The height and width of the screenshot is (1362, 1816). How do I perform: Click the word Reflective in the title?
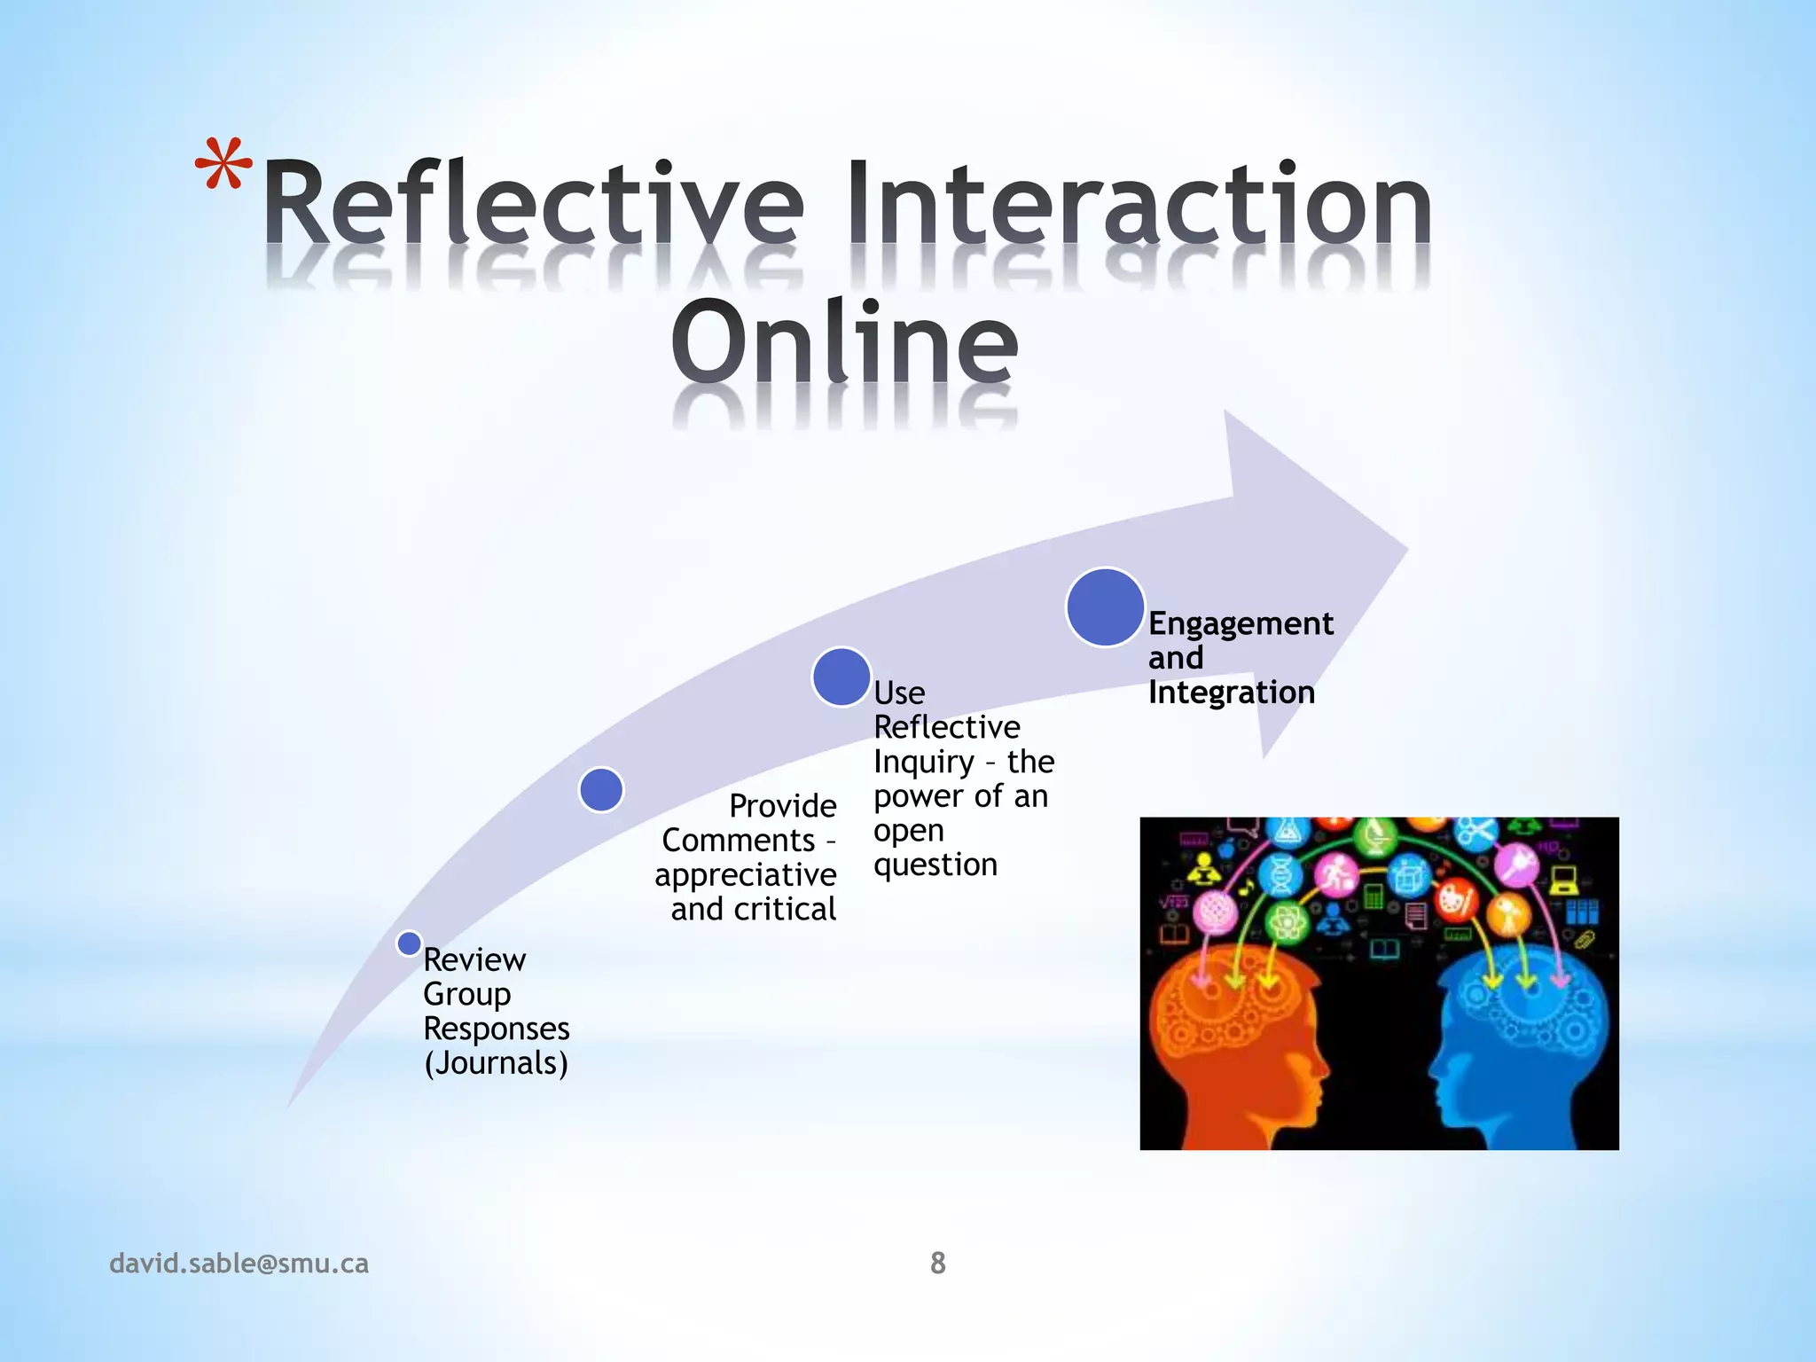tap(532, 204)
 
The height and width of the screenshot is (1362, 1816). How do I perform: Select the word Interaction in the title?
tap(1139, 204)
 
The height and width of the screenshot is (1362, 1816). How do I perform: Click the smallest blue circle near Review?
tap(409, 943)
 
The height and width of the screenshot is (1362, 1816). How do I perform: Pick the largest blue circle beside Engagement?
tap(1105, 607)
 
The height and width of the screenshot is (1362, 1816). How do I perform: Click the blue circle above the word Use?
tap(841, 677)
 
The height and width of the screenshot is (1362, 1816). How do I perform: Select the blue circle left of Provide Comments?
tap(601, 789)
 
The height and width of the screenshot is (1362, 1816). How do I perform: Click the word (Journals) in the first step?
tap(496, 1062)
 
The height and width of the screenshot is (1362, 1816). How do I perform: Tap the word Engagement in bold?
tap(1240, 623)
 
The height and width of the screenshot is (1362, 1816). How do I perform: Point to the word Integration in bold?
tap(1231, 693)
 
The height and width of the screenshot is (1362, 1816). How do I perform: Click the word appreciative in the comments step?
tap(745, 875)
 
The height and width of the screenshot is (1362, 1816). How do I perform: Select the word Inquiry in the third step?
tap(923, 762)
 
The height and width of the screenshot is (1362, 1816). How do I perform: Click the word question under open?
tap(935, 865)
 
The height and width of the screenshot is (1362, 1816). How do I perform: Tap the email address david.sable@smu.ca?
tap(239, 1263)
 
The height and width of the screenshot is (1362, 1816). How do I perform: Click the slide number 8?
tap(937, 1263)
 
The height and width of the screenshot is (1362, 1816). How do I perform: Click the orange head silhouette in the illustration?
tap(1233, 1046)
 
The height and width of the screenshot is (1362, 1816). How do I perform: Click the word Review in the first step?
tap(474, 959)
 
